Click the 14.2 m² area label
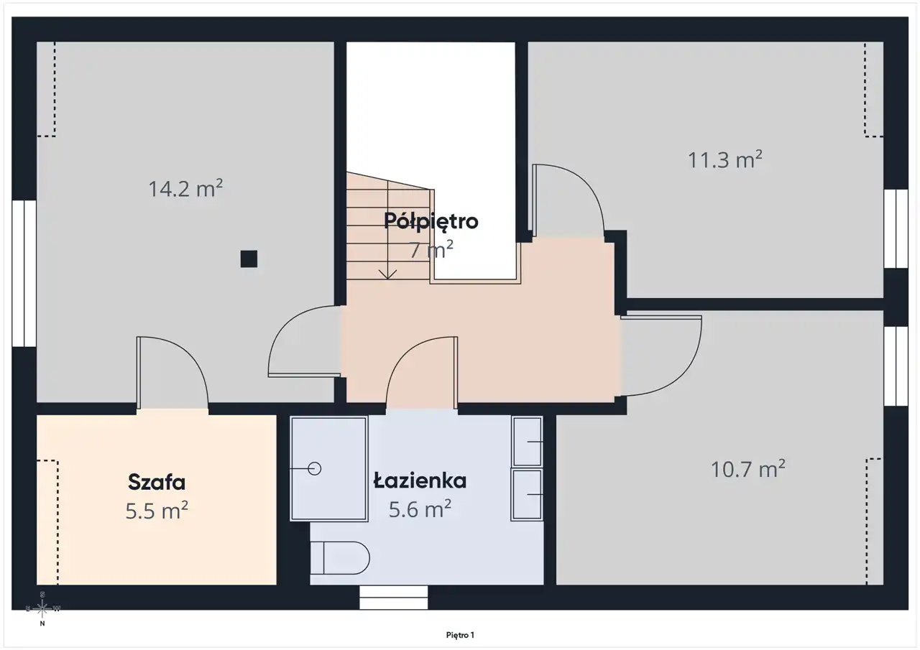pos(185,189)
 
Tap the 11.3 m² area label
pos(725,159)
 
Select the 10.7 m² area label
pos(748,469)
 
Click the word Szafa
pos(157,482)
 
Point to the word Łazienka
pos(420,481)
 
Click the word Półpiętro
pos(431,222)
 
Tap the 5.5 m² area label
pos(157,511)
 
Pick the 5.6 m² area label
pos(420,509)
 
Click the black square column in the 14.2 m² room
pos(249,259)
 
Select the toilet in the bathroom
pos(340,557)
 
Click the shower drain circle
pos(315,468)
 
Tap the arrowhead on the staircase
pos(387,274)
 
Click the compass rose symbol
pos(42,608)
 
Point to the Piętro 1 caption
pos(460,635)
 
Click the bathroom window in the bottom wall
pos(393,597)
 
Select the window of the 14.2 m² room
pos(24,274)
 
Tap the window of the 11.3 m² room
pos(896,228)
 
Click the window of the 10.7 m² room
pos(896,366)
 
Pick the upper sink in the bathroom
pos(527,442)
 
